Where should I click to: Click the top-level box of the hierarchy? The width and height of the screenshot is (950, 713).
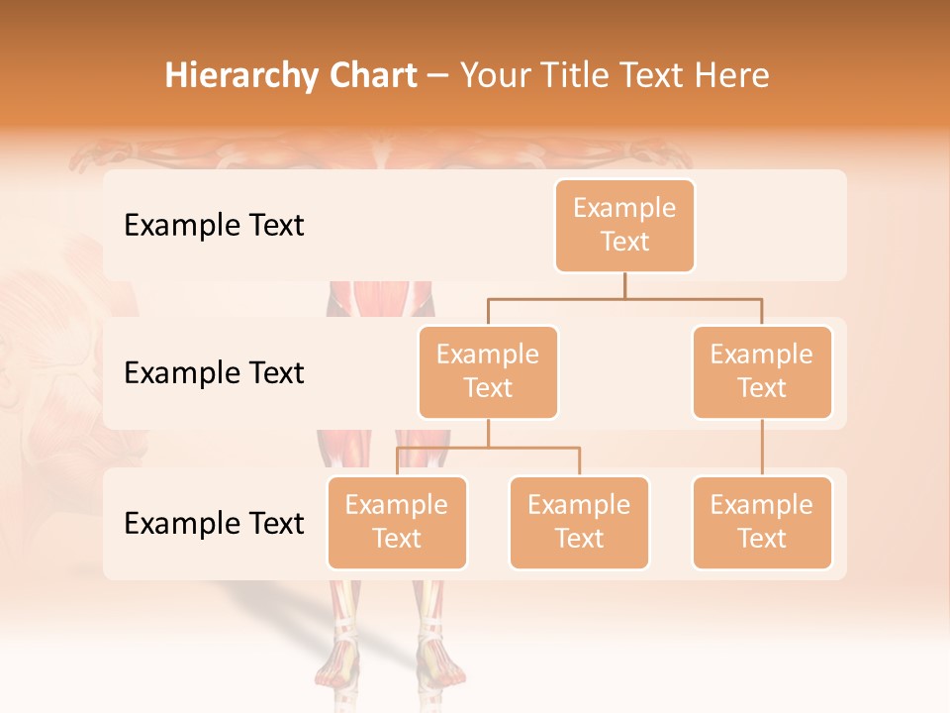[x=624, y=226]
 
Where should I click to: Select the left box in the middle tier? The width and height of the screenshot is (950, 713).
[x=488, y=372]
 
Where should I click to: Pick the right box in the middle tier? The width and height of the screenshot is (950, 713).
[x=762, y=372]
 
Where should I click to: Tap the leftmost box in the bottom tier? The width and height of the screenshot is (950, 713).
[x=397, y=523]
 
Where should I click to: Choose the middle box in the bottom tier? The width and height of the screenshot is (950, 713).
[x=579, y=523]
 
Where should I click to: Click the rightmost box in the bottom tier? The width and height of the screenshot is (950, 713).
[x=762, y=523]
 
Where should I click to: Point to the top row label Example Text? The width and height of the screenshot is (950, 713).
[x=214, y=226]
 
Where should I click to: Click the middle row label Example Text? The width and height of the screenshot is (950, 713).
[x=214, y=373]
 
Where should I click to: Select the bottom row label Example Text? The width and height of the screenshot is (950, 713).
[x=214, y=523]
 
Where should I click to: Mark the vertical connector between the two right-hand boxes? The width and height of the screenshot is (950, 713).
[x=762, y=448]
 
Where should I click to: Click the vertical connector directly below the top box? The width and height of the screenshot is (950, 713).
[x=624, y=285]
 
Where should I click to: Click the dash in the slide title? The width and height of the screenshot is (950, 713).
[x=438, y=76]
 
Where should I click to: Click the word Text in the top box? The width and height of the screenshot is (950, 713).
[x=624, y=242]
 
